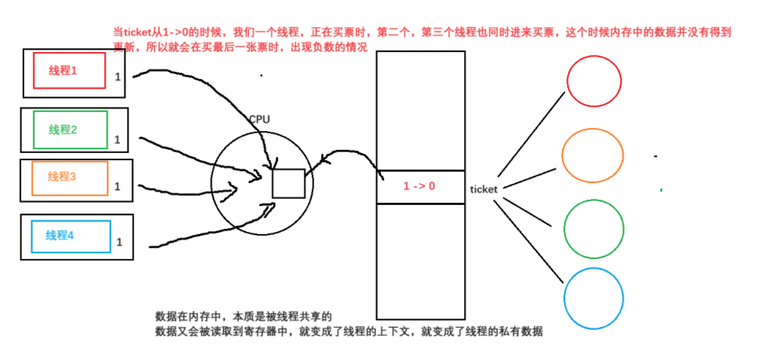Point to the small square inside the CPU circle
pos(288,183)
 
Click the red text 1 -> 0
pos(419,187)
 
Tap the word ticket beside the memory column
pos(484,189)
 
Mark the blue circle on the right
pos(593,298)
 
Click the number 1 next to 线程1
pos(117,76)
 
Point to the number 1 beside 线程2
pos(116,139)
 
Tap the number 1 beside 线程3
pos(116,187)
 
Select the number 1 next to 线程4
pos(119,241)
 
